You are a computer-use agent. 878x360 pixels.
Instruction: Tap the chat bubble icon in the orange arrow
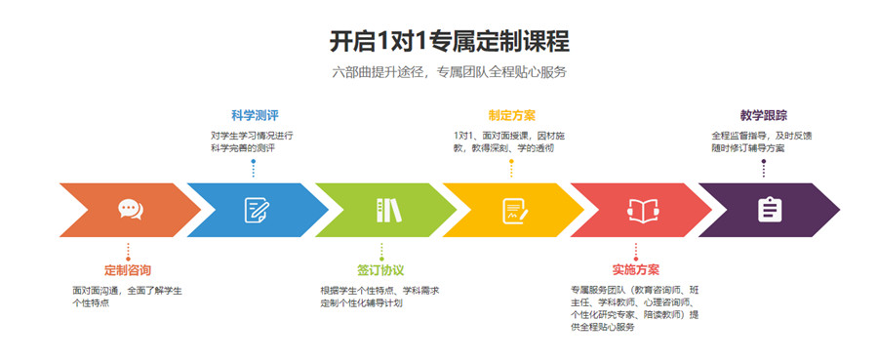pyautogui.click(x=130, y=209)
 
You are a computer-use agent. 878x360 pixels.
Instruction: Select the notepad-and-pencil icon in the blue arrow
pyautogui.click(x=257, y=209)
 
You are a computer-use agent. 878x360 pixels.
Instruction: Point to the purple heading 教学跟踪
pyautogui.click(x=765, y=115)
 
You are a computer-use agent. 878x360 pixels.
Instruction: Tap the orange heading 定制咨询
pyautogui.click(x=128, y=269)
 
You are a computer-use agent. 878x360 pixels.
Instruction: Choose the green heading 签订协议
pyautogui.click(x=380, y=269)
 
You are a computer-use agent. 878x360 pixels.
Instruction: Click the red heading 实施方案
pyautogui.click(x=636, y=269)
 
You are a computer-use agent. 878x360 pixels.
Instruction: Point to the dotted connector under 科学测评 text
pyautogui.click(x=254, y=167)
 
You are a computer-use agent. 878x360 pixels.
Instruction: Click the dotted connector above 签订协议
pyautogui.click(x=381, y=251)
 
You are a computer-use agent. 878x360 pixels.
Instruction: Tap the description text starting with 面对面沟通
pyautogui.click(x=127, y=297)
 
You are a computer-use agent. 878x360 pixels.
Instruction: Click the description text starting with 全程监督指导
pyautogui.click(x=764, y=140)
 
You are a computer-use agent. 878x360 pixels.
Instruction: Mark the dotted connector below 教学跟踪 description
pyautogui.click(x=764, y=167)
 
